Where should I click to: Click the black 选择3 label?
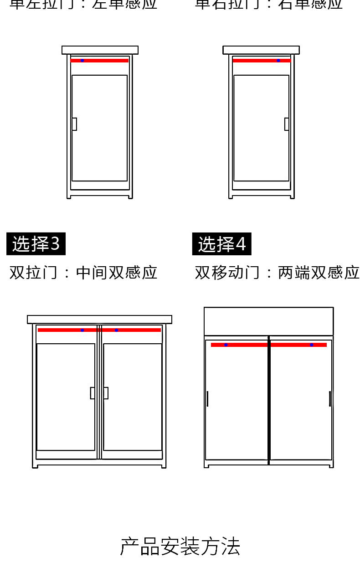36,244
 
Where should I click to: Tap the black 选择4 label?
221,244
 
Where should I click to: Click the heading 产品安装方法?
180,546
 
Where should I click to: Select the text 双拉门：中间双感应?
83,273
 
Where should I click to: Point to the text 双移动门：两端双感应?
277,273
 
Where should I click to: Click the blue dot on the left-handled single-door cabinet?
82,60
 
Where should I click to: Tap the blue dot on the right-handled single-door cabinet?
278,60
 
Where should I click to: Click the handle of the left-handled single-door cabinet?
74,124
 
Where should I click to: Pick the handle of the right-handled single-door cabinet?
287,124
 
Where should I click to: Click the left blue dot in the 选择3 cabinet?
82,330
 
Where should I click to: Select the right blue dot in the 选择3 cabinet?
116,330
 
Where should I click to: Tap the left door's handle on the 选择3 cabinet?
93,393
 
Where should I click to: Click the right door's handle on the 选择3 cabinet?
106,393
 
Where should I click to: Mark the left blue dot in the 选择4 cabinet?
226,345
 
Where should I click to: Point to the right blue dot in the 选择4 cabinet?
312,345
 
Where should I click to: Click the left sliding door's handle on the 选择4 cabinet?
207,398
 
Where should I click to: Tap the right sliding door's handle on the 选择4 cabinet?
330,398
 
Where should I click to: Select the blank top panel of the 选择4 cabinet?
268,321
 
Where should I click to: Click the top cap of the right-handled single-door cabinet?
261,50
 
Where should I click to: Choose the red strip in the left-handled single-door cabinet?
105,60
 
